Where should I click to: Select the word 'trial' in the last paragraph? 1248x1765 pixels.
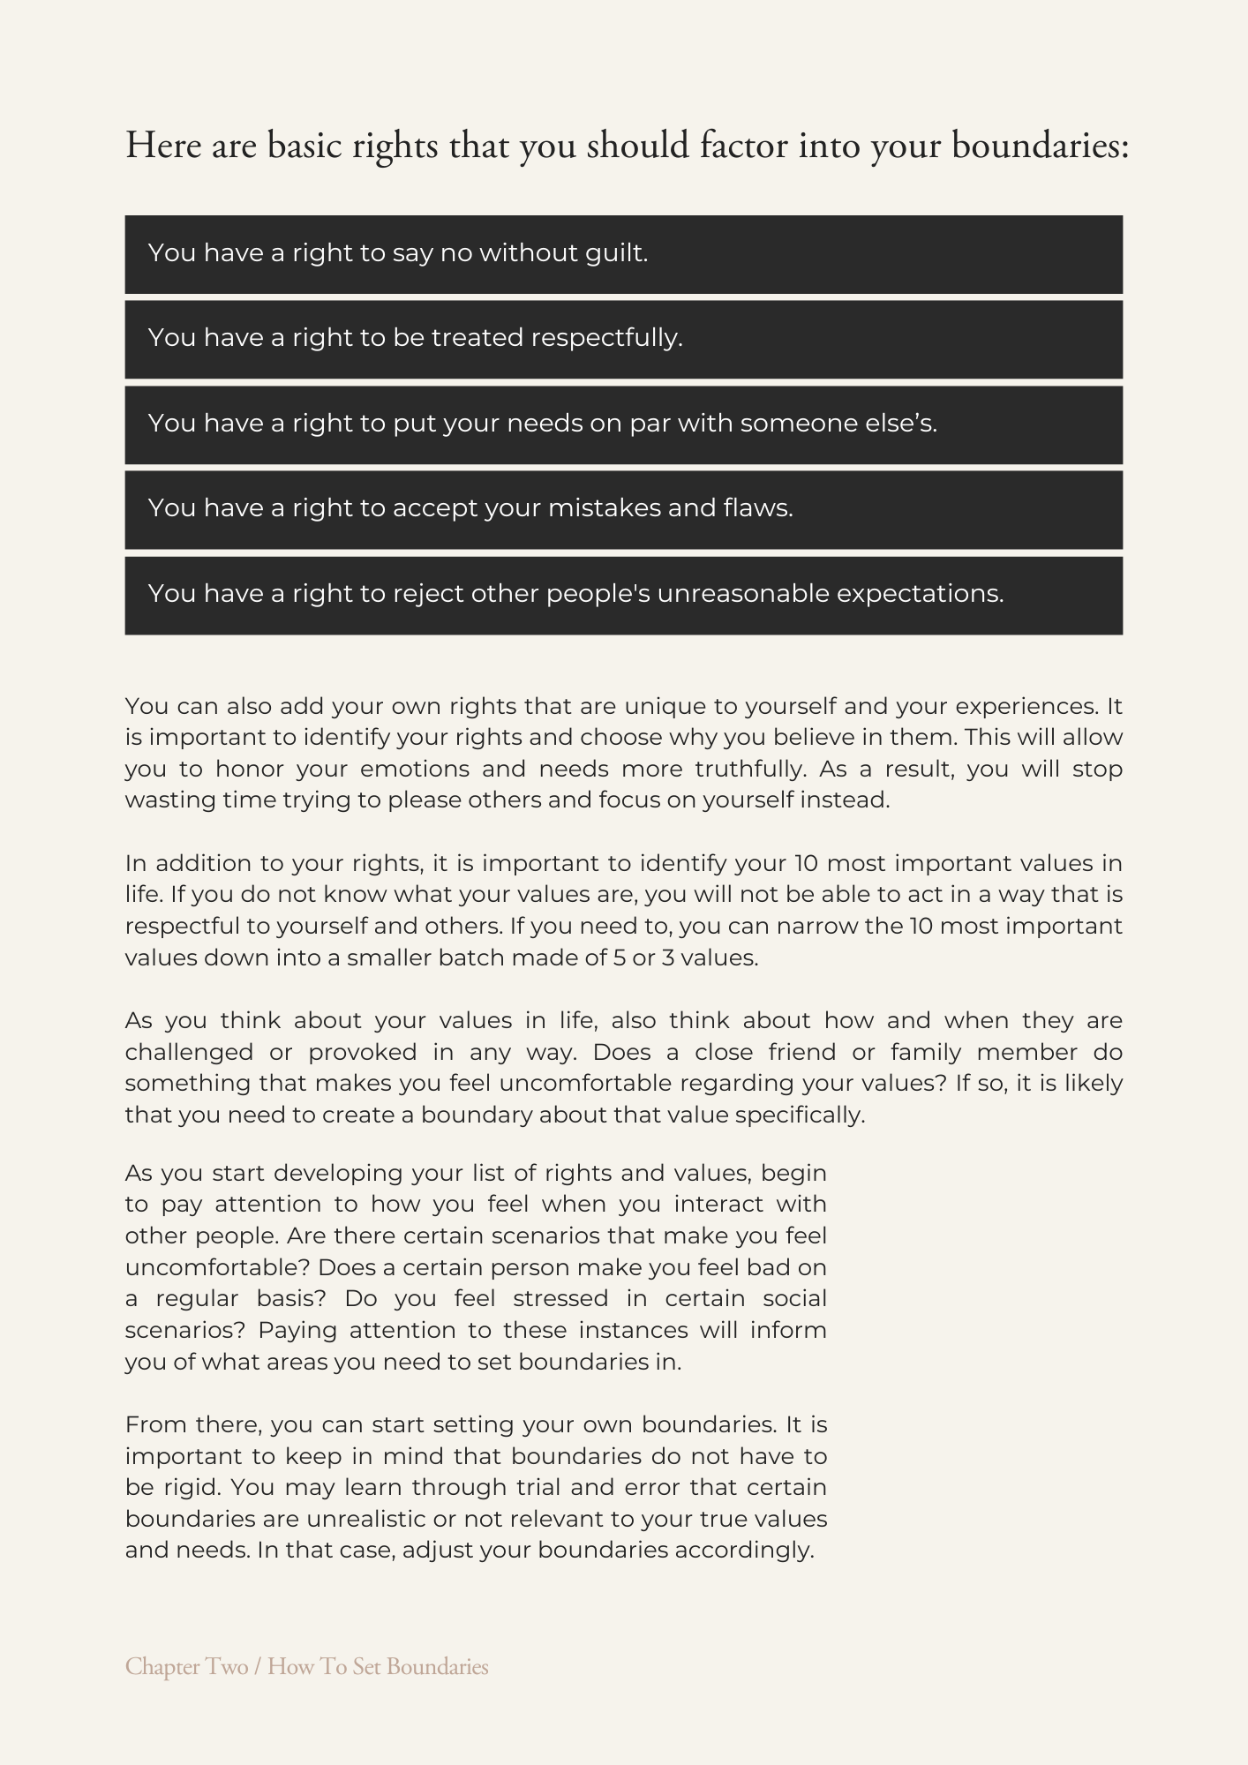[537, 1488]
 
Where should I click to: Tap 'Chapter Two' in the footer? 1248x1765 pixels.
[186, 1667]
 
